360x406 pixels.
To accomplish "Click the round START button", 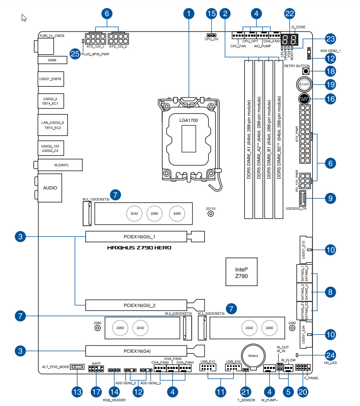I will click(304, 84).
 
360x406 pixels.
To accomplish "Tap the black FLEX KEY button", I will click(304, 99).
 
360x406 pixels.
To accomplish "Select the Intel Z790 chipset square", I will click(241, 272).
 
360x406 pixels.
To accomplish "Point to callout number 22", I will click(290, 14).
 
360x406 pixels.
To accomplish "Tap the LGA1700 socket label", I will click(189, 119).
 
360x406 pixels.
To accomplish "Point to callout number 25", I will click(74, 54).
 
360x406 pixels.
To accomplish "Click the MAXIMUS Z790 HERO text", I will click(139, 248).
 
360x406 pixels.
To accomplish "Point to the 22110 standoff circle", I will click(211, 213).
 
